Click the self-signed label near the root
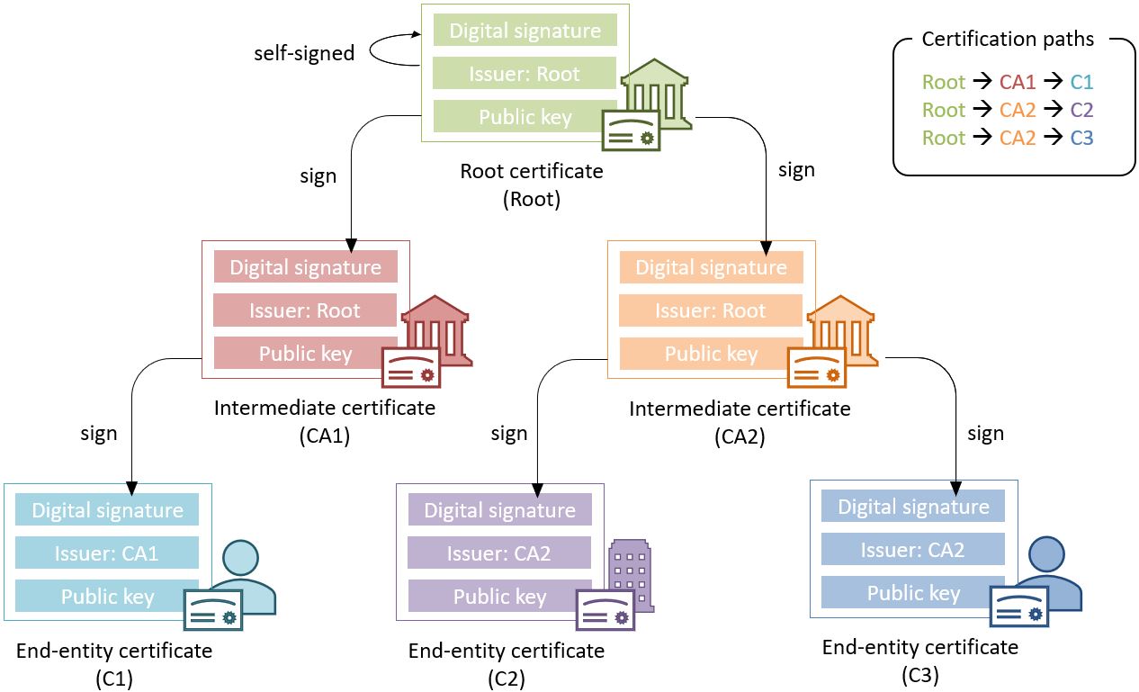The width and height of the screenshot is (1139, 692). [303, 53]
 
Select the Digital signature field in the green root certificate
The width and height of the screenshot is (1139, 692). [525, 31]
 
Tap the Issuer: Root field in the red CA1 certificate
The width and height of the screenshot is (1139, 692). [305, 310]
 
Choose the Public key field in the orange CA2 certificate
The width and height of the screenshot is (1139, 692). [710, 354]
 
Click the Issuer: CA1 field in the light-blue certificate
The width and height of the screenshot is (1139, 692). [107, 553]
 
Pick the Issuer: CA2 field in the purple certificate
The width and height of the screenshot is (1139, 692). [499, 553]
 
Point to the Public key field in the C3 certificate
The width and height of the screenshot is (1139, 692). [913, 593]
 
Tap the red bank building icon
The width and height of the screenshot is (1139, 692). [437, 328]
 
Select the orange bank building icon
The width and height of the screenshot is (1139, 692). [843, 328]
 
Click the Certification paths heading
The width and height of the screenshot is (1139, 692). [1007, 40]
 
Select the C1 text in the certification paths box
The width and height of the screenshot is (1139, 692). [1081, 83]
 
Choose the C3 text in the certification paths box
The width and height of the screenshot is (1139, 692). [1081, 138]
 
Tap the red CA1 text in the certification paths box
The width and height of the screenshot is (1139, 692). [1018, 83]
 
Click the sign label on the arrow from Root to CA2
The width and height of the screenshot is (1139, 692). [796, 169]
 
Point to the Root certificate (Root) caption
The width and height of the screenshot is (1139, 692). [532, 184]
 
